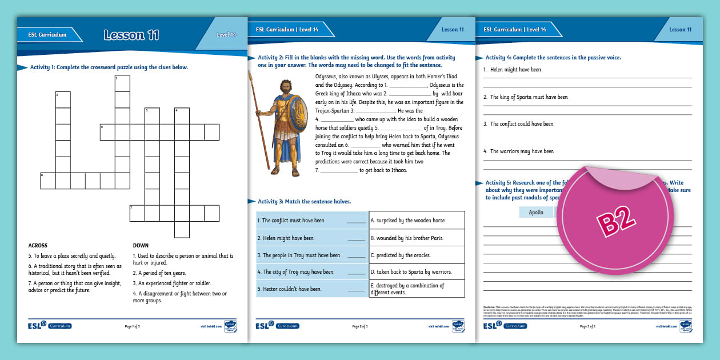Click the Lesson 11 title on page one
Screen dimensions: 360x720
click(x=131, y=35)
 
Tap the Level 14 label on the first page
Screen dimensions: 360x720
click(x=226, y=35)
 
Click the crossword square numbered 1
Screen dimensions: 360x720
click(x=122, y=83)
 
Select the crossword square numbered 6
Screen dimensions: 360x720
click(x=48, y=181)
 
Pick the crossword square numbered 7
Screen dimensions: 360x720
click(x=137, y=213)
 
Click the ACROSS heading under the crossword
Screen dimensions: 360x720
click(x=38, y=246)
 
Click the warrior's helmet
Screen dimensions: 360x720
click(x=284, y=85)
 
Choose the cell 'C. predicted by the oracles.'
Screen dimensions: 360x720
click(x=417, y=255)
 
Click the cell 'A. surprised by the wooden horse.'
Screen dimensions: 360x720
click(x=417, y=221)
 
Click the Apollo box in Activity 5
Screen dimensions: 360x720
click(x=536, y=212)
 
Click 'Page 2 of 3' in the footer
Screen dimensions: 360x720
click(x=360, y=326)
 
